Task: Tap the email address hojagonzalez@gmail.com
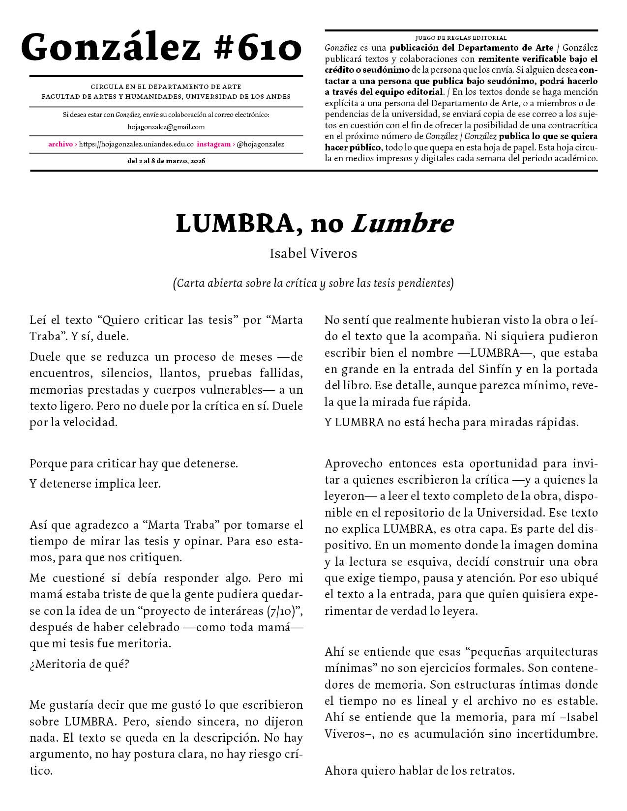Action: [166, 127]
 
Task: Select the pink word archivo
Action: [60, 145]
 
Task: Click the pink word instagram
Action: [213, 145]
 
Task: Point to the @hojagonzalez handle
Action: [260, 145]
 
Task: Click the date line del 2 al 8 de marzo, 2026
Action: [166, 161]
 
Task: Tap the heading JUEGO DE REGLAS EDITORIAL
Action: [461, 38]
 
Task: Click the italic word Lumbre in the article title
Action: [402, 224]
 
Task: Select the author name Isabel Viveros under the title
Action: [313, 254]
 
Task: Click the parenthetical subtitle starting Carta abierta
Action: [313, 283]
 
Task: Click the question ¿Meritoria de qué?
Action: [79, 664]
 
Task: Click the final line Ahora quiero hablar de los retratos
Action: [419, 771]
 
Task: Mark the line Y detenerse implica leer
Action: [95, 484]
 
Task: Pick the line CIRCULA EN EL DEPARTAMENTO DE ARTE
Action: [166, 87]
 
